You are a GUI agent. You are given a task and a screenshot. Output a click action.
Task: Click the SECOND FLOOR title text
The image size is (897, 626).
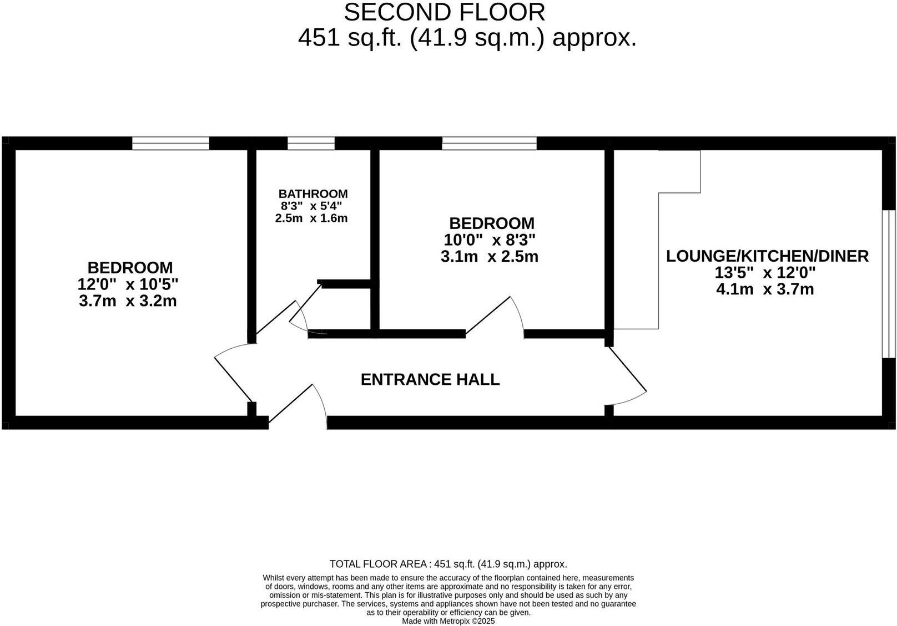coord(444,12)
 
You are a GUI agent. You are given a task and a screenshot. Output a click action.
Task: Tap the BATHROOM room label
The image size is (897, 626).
coord(313,194)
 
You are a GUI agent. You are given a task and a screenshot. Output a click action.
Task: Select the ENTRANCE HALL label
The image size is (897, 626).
coord(430,380)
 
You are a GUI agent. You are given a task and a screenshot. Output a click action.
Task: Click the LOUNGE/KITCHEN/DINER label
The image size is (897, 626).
coord(767,256)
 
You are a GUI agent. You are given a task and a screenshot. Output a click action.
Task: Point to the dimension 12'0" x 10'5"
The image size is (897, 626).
coord(128,284)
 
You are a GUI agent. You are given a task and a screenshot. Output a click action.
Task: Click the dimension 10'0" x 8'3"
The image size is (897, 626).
coord(490,240)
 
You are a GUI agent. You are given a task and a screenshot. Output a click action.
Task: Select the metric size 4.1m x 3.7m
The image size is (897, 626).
coord(765,289)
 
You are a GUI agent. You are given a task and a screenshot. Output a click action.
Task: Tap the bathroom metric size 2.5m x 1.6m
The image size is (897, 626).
coord(311,218)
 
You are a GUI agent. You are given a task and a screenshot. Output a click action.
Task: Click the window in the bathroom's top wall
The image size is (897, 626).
coord(311,144)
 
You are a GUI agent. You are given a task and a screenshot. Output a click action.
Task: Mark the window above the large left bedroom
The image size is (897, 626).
coord(170,144)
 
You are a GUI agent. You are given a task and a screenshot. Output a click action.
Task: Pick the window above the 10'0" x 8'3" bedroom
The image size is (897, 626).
coord(489,144)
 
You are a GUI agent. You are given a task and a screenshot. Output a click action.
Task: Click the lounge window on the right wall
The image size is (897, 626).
coord(889,283)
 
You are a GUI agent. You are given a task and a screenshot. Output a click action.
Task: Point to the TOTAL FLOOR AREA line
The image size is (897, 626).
coord(448,564)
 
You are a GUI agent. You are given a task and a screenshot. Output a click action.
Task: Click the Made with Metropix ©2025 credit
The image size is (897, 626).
coord(448,622)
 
